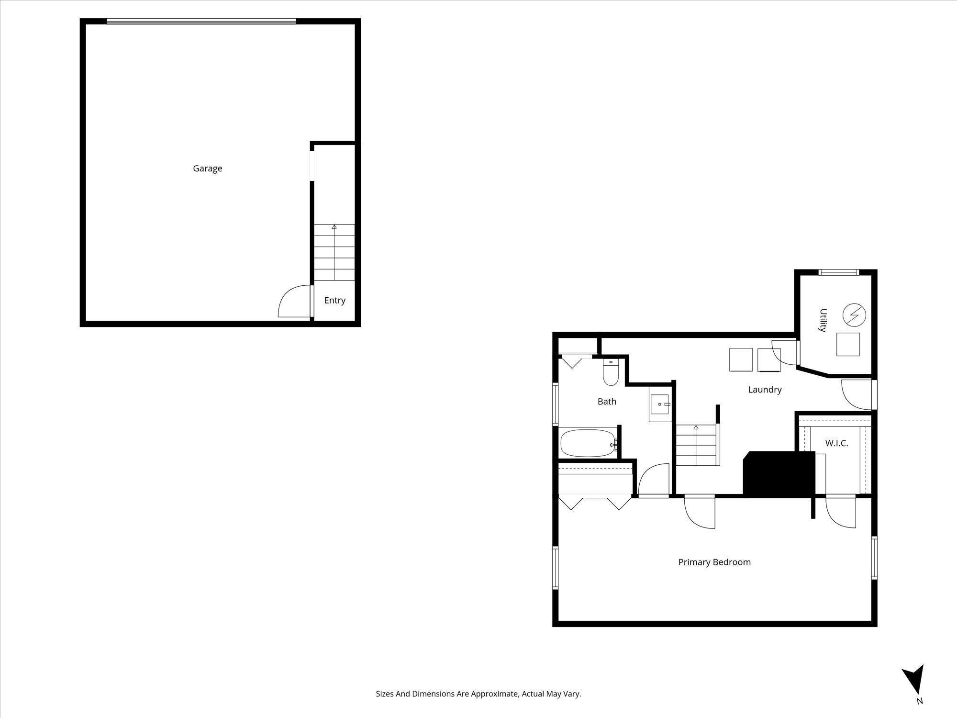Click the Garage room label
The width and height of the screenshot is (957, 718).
tap(207, 168)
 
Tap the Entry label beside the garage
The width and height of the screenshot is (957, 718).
tap(334, 301)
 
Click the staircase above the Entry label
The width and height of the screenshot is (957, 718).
tap(334, 252)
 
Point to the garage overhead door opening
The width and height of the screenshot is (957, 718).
tap(201, 21)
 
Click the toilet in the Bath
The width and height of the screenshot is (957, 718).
tap(610, 373)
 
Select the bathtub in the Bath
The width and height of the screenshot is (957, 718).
tap(588, 443)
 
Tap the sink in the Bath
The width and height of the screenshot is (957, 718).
tap(660, 404)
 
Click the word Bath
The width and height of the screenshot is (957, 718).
tap(607, 402)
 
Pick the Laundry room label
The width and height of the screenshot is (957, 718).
tap(765, 390)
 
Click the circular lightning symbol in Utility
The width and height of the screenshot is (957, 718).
tap(854, 314)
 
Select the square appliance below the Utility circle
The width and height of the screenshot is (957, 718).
tap(848, 344)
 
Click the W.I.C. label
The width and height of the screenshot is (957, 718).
tap(836, 443)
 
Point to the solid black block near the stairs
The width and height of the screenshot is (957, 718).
tap(779, 473)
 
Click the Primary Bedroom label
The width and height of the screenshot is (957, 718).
tap(714, 562)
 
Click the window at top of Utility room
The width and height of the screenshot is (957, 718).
tap(838, 272)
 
